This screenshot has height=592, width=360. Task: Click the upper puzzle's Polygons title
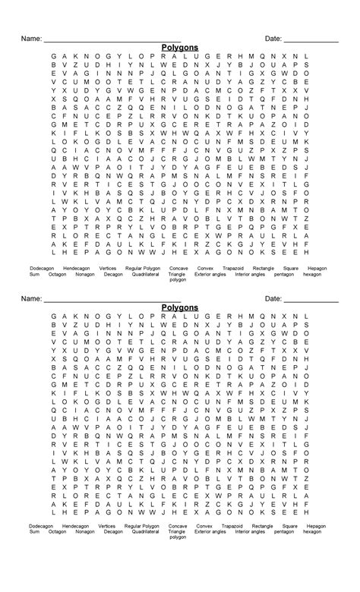point(180,47)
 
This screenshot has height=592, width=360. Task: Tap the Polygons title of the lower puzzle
point(180,307)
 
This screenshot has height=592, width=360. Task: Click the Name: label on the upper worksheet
point(30,38)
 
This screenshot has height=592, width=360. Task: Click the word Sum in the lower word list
point(33,534)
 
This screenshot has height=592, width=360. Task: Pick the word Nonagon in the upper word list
point(85,275)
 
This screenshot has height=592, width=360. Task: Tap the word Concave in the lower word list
point(178,526)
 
